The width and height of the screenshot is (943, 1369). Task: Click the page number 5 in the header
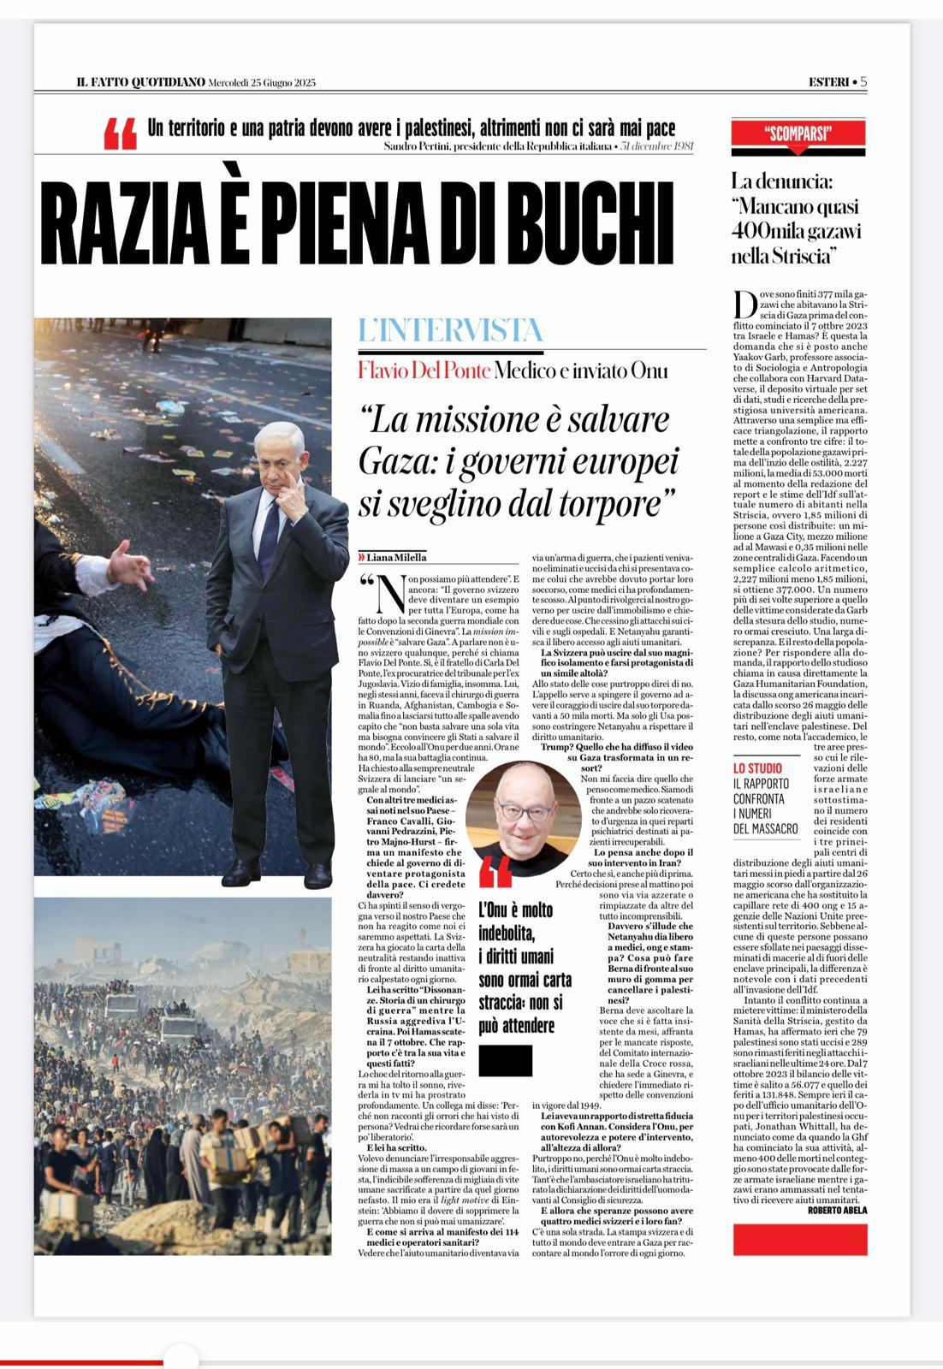point(863,81)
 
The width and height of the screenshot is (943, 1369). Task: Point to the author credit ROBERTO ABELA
point(836,1209)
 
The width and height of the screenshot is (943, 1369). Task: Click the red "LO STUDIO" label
point(757,768)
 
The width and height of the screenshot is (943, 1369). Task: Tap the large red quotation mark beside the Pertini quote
point(120,135)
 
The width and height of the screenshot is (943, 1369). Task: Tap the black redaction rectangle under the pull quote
point(505,1060)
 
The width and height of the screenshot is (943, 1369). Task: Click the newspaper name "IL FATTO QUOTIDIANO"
point(140,82)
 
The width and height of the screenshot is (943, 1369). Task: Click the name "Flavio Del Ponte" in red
point(424,370)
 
